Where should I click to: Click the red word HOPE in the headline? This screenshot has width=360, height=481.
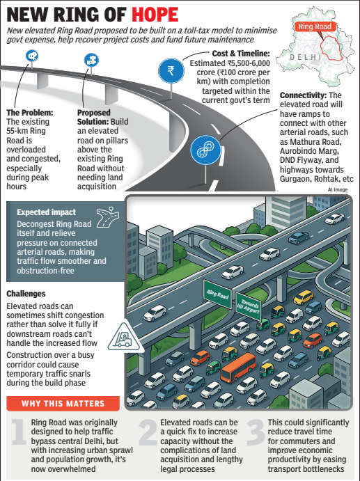click(155, 15)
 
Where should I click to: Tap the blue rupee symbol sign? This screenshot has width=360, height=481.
click(171, 71)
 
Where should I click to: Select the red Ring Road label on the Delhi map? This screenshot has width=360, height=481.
click(315, 26)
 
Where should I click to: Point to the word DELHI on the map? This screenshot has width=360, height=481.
click(306, 57)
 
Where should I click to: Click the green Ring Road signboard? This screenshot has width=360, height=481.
click(217, 294)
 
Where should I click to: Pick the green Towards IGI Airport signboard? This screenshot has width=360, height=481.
click(249, 306)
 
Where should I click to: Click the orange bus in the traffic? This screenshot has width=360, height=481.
click(238, 367)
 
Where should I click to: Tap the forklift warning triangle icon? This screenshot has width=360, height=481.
click(125, 338)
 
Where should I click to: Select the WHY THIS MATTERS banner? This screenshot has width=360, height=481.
click(63, 404)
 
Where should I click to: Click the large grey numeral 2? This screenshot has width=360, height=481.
click(148, 432)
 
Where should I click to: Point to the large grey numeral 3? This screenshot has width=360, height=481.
click(256, 432)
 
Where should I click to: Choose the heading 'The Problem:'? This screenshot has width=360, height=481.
click(30, 113)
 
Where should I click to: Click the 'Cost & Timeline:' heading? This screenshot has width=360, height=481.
click(241, 54)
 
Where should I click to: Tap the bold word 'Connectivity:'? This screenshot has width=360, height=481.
click(303, 95)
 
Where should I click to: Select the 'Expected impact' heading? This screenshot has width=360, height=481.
click(47, 212)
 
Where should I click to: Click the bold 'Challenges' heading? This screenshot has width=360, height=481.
click(26, 294)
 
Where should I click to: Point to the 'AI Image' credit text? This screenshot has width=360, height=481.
click(338, 189)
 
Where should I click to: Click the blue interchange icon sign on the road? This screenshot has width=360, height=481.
click(205, 150)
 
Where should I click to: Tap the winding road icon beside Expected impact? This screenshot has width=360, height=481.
click(107, 217)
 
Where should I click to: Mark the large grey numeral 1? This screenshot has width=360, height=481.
click(19, 432)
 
